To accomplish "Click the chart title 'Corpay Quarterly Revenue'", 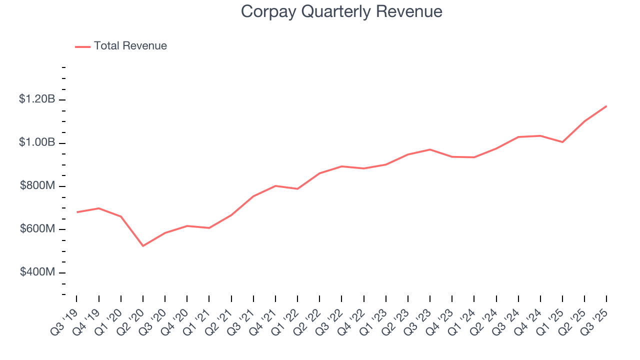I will (x=341, y=11).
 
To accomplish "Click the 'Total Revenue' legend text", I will (x=130, y=46).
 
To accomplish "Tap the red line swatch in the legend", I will (x=82, y=46).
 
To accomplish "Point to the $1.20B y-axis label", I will (x=37, y=99).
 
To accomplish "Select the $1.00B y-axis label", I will (x=37, y=142).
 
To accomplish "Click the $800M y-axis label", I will (x=37, y=186).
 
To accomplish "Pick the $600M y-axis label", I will (x=37, y=229).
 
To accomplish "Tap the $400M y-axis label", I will (x=37, y=272).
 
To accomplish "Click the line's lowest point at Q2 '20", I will (x=143, y=246).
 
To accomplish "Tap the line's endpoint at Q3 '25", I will (x=606, y=106).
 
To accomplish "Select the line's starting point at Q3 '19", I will (x=77, y=212).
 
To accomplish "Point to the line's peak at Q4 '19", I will (x=99, y=208).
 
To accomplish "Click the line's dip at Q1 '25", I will (x=562, y=142).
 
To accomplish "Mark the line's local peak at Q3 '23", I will (x=430, y=149).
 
